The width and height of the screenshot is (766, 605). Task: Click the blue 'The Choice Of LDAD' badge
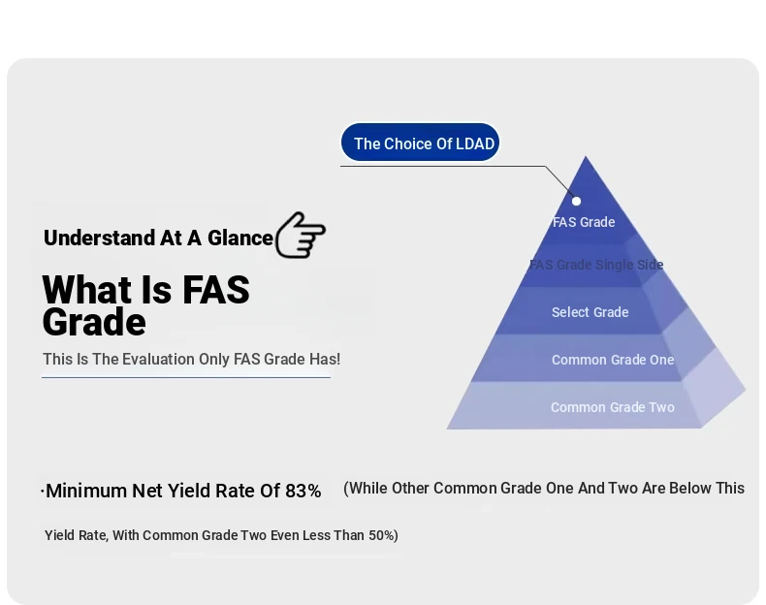pyautogui.click(x=420, y=143)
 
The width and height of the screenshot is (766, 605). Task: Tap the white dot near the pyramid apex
pyautogui.click(x=577, y=201)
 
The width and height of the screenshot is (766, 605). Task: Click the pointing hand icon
pyautogui.click(x=301, y=235)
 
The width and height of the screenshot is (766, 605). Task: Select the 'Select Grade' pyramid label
pyautogui.click(x=590, y=312)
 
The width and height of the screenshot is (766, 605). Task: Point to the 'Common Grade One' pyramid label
pyautogui.click(x=613, y=360)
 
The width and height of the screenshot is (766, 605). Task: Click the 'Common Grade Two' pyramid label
pyautogui.click(x=613, y=407)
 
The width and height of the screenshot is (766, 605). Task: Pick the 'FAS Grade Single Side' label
pyautogui.click(x=596, y=265)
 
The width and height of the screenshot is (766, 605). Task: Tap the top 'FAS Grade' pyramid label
pyautogui.click(x=584, y=222)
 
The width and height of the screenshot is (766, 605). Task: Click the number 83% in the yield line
pyautogui.click(x=303, y=491)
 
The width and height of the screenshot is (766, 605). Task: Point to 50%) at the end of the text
pyautogui.click(x=384, y=535)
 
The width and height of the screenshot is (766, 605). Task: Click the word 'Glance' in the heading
pyautogui.click(x=240, y=238)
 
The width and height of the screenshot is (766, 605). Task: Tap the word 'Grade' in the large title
pyautogui.click(x=94, y=322)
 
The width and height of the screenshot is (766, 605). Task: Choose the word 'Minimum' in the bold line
pyautogui.click(x=86, y=491)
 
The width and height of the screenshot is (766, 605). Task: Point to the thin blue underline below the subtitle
pyautogui.click(x=186, y=377)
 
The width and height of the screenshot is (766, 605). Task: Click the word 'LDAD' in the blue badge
pyautogui.click(x=475, y=143)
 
